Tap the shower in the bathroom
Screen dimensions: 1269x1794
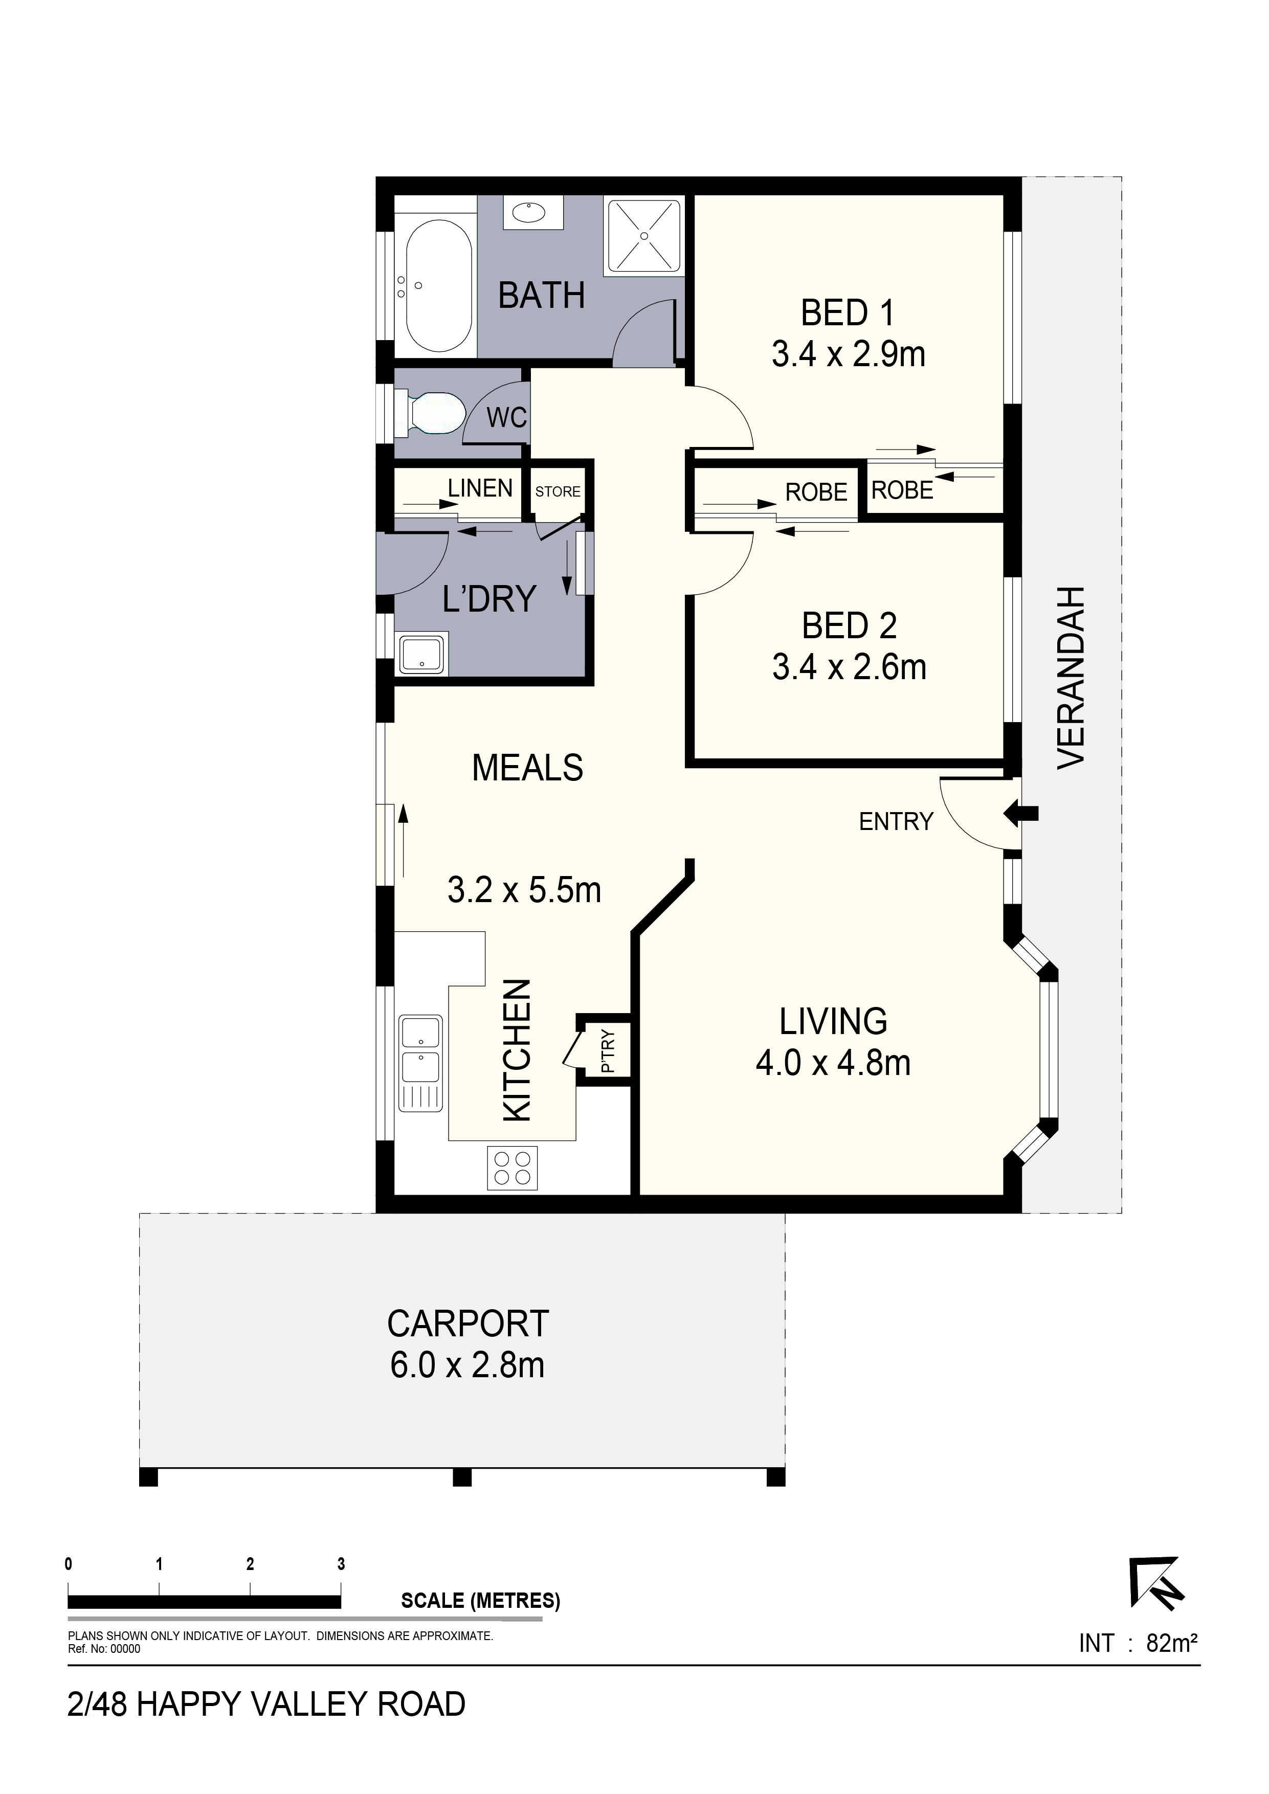pyautogui.click(x=644, y=236)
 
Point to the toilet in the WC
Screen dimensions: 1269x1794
pyautogui.click(x=431, y=413)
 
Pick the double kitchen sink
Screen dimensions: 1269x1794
pyautogui.click(x=420, y=1063)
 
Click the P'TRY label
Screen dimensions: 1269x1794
pyautogui.click(x=609, y=1051)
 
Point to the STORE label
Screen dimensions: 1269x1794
pyautogui.click(x=558, y=491)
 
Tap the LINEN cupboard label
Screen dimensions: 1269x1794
pyautogui.click(x=480, y=488)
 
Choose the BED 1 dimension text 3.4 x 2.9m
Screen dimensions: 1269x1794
pyautogui.click(x=849, y=354)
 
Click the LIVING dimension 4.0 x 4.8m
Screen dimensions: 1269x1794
pyautogui.click(x=833, y=1063)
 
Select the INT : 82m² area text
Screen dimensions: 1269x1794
pyautogui.click(x=1139, y=1643)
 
